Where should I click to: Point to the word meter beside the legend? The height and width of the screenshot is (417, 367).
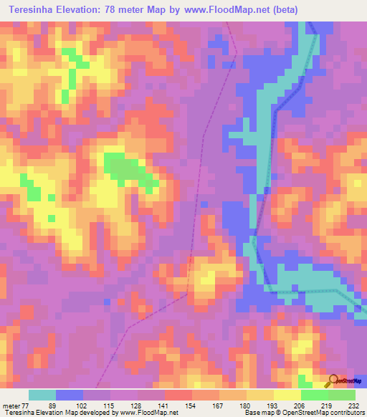11,405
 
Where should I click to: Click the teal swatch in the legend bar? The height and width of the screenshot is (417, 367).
42,395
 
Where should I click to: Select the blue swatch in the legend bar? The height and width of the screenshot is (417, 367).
70,395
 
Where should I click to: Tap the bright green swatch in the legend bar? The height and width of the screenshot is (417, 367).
314,395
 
